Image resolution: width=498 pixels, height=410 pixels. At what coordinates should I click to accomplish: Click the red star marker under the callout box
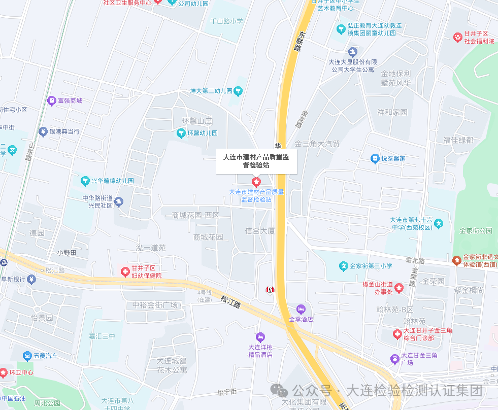(x=256, y=182)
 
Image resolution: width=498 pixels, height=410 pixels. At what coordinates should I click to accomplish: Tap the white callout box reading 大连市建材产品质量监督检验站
(x=256, y=160)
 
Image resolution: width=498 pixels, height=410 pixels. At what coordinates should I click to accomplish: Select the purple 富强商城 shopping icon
(x=51, y=100)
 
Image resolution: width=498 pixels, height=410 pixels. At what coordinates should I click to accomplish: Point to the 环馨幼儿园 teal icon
(x=180, y=133)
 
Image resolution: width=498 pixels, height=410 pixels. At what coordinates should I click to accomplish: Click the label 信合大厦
(x=259, y=231)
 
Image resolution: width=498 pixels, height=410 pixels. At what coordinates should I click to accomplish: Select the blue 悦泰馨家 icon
(x=375, y=158)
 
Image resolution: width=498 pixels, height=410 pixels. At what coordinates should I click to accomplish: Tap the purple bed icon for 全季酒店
(x=301, y=309)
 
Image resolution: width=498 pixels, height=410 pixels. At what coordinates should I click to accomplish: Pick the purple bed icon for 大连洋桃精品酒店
(x=260, y=337)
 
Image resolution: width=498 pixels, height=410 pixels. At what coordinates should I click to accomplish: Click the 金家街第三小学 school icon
(x=343, y=266)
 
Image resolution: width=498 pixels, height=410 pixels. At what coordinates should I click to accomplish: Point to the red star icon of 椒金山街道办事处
(x=399, y=288)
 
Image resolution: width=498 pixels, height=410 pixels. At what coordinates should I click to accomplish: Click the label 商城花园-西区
(x=195, y=216)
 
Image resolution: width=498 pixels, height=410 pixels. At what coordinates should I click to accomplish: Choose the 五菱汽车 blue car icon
(x=27, y=356)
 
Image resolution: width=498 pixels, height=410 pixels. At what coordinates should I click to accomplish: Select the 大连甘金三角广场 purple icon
(x=394, y=359)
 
